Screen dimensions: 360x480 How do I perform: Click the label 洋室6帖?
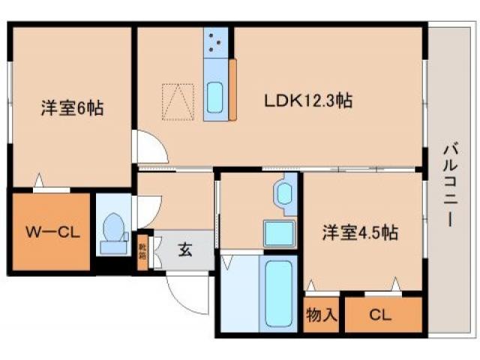[71, 108]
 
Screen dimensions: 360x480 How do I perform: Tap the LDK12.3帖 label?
[307, 98]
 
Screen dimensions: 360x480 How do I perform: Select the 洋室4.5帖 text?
[360, 232]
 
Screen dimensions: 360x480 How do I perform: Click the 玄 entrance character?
[184, 250]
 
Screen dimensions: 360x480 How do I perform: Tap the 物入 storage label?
[322, 316]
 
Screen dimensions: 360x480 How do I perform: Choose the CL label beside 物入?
[380, 316]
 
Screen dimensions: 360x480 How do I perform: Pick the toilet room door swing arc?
[145, 210]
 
